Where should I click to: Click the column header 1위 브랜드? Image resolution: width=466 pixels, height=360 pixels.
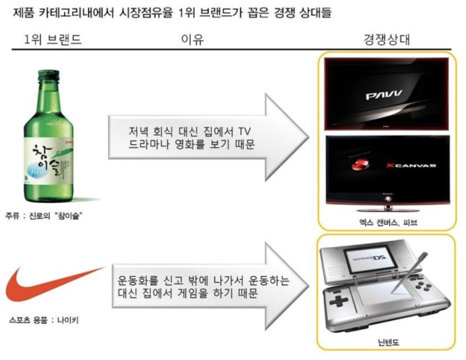[53, 40]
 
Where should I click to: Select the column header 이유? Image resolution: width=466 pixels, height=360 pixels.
[192, 40]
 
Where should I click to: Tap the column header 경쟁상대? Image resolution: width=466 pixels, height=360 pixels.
[387, 40]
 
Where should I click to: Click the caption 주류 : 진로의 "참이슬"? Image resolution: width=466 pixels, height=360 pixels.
[44, 216]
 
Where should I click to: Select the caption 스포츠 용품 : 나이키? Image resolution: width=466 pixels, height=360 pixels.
[44, 320]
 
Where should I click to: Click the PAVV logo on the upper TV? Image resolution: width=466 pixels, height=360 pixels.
[384, 95]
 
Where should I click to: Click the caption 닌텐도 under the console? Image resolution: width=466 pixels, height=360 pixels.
[388, 342]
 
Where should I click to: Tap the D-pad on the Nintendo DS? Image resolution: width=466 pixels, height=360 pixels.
[339, 302]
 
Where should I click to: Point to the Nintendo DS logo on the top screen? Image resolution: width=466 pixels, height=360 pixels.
[370, 260]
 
